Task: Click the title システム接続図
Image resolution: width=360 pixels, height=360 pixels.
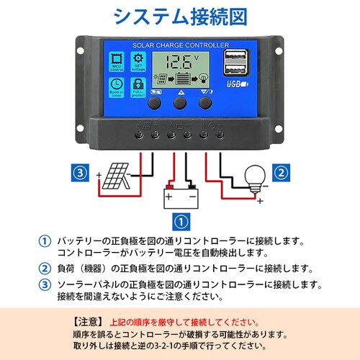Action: click(x=180, y=17)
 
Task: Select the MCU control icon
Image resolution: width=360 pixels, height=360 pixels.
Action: click(x=116, y=63)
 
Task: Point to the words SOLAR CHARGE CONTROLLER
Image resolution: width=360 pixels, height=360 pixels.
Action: click(x=179, y=45)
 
